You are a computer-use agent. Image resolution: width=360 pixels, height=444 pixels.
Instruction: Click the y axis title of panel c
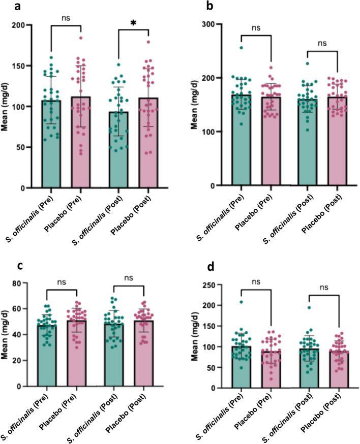pyautogui.click(x=8, y=334)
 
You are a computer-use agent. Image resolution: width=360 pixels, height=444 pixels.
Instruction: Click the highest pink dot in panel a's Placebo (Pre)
pyautogui.click(x=80, y=38)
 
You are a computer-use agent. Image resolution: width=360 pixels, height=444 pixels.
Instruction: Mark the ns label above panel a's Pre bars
pyautogui.click(x=67, y=18)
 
